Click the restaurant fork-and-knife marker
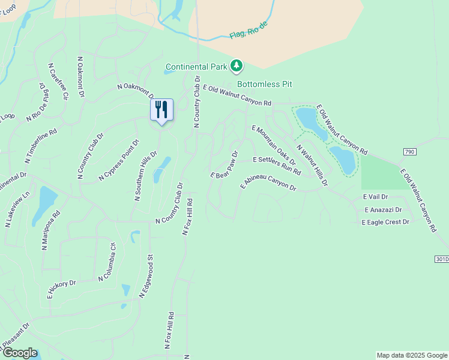click(x=161, y=110)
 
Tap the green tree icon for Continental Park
click(x=237, y=65)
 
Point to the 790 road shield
click(x=409, y=152)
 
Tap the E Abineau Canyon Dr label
click(x=268, y=182)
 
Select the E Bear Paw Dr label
click(x=224, y=164)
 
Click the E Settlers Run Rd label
click(x=277, y=165)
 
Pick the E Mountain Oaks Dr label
click(x=274, y=146)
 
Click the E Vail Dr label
click(x=375, y=197)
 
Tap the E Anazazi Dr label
click(x=383, y=209)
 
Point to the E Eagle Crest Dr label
click(x=385, y=222)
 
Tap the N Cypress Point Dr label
click(x=119, y=161)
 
